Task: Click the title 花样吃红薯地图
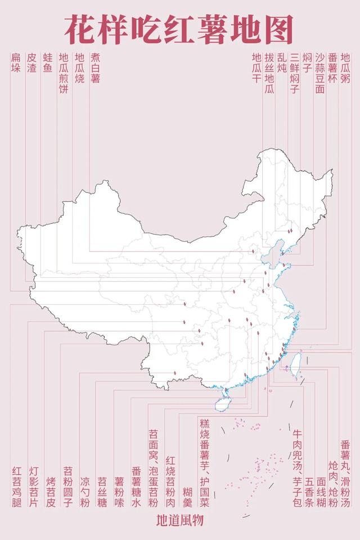(178, 29)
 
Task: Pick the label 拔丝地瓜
(269, 73)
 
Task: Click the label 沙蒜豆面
(319, 73)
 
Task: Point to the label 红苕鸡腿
(16, 487)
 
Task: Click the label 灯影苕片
(34, 487)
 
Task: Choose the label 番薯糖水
(136, 487)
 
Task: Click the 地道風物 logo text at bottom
(179, 520)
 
